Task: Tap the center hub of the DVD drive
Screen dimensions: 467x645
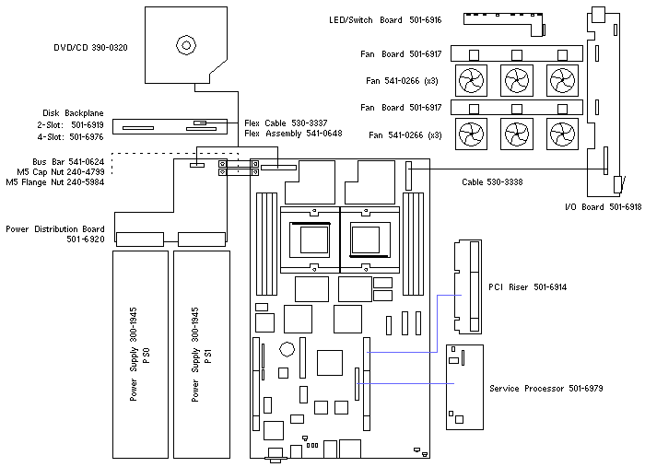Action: (x=186, y=43)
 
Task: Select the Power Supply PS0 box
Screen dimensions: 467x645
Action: (x=140, y=354)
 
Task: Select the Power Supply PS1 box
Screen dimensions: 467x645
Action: (x=201, y=354)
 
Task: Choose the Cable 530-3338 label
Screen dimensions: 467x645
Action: (x=492, y=181)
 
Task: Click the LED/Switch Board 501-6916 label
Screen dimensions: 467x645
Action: (x=384, y=19)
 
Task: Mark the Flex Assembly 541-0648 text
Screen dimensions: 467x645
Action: (x=293, y=134)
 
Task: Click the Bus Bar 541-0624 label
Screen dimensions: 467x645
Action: (x=68, y=161)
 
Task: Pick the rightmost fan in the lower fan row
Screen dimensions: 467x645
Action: (x=561, y=134)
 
